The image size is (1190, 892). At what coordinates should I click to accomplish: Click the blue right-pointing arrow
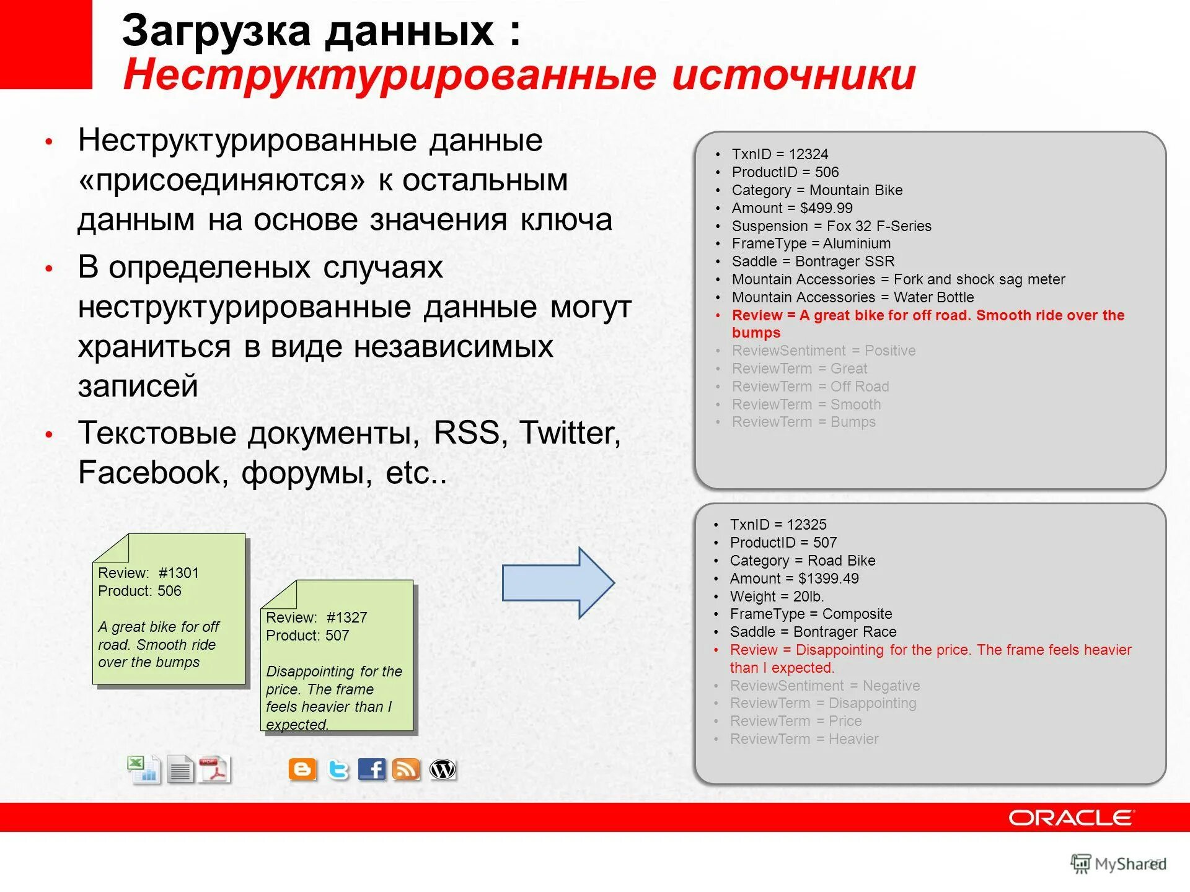point(558,583)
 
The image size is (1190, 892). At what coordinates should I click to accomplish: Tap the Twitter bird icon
point(338,769)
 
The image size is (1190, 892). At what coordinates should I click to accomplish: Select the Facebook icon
point(372,769)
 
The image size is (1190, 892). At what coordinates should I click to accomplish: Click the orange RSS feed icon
point(406,769)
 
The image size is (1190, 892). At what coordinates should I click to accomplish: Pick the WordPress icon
point(443,769)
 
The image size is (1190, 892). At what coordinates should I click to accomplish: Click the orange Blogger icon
point(302,769)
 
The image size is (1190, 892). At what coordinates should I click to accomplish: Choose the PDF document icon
point(214,770)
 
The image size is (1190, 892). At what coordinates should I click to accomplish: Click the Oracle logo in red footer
point(1072,818)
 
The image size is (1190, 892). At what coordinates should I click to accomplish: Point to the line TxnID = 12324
point(780,154)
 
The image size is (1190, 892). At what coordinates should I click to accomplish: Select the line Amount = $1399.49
point(794,579)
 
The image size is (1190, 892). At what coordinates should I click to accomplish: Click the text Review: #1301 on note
point(148,573)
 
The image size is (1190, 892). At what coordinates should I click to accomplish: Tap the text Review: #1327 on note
point(316,618)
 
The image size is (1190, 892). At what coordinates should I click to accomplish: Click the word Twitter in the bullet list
point(569,432)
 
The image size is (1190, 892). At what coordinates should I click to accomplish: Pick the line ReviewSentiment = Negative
point(824,686)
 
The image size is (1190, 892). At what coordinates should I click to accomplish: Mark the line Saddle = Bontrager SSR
point(813,261)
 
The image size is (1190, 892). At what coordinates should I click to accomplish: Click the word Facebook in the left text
point(149,473)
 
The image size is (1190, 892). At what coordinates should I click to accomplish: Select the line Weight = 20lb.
point(777,597)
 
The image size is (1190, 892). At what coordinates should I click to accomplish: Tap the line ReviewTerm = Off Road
point(810,387)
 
